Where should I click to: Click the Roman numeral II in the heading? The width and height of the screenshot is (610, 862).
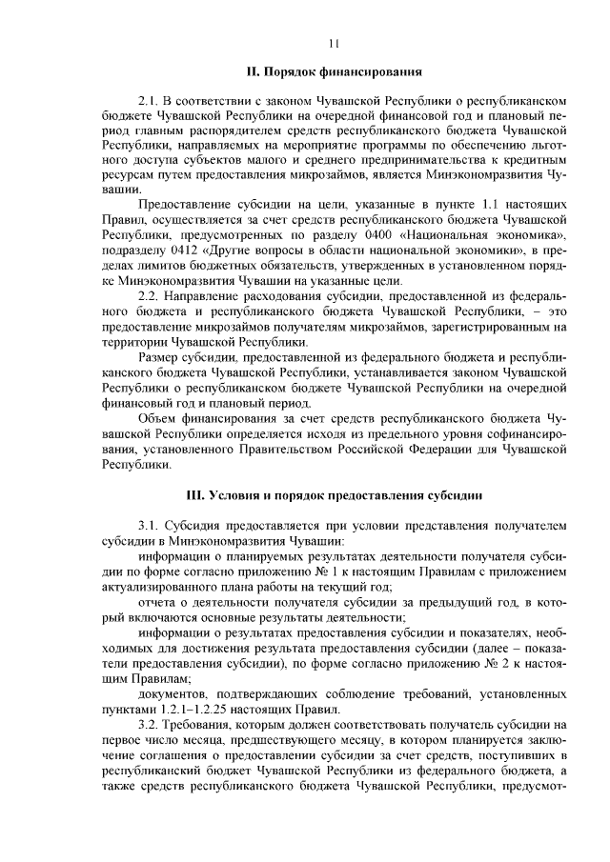click(x=251, y=71)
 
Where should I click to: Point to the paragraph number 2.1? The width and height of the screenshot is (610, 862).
click(x=148, y=100)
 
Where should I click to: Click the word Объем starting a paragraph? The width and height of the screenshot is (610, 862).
click(x=157, y=417)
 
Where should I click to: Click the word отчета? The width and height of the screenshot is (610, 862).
click(x=157, y=600)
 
